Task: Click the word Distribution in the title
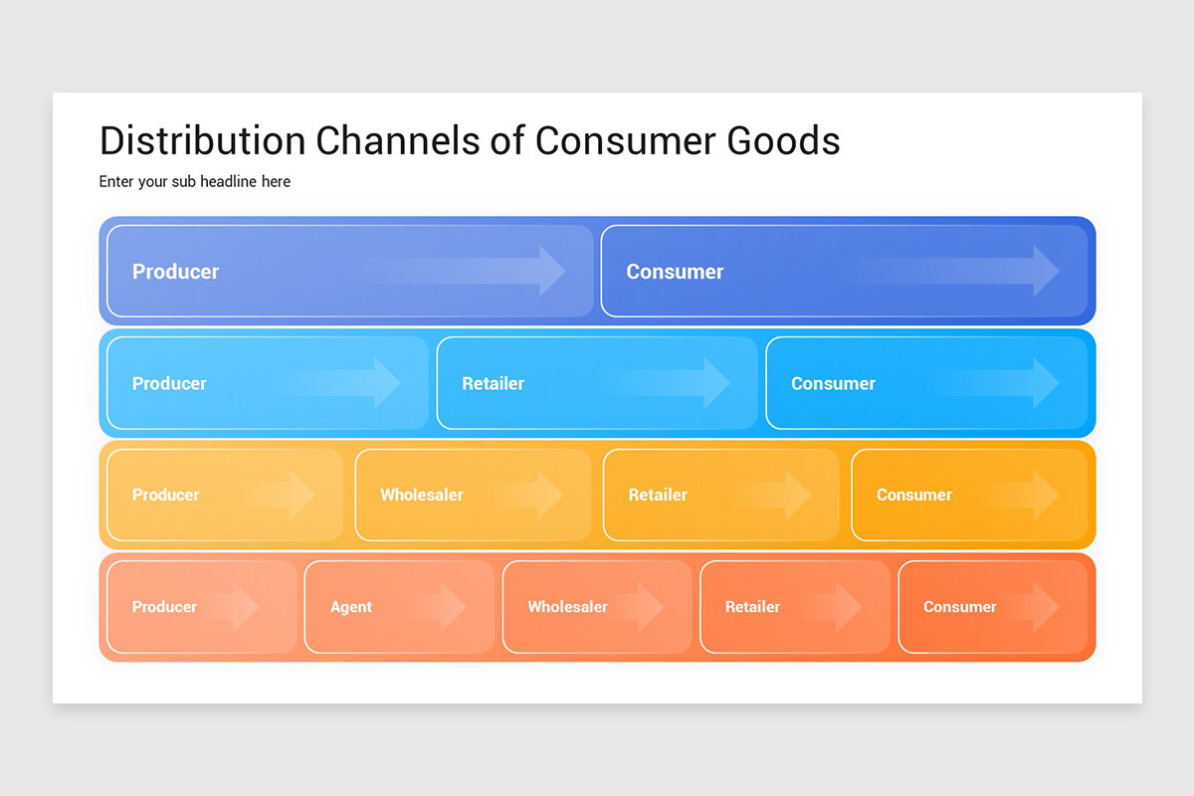pos(203,140)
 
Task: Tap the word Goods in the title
pos(784,140)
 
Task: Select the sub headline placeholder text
pos(195,182)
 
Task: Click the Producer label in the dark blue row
pos(175,272)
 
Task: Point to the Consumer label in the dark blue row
pos(675,272)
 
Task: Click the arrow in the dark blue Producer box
pos(464,271)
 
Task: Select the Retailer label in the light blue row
pos(494,383)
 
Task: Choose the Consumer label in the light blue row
pos(833,383)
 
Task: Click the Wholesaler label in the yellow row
pos(422,495)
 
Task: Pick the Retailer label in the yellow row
pos(658,495)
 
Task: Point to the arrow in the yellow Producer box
pos(283,495)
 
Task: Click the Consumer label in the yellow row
pos(914,495)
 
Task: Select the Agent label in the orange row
pos(350,607)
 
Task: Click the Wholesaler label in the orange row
pos(568,607)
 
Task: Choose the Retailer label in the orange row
pos(752,607)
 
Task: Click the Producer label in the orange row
pos(164,607)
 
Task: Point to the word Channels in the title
pos(398,140)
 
